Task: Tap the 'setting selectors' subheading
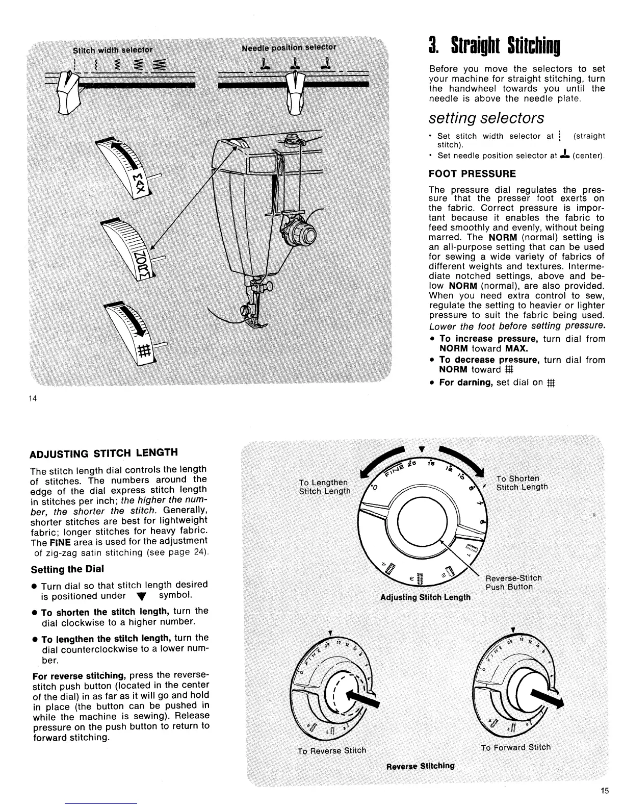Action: (x=486, y=118)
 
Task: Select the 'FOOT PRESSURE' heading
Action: (x=473, y=173)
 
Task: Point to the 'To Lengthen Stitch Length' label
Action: (x=324, y=487)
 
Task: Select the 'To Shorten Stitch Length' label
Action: (x=522, y=483)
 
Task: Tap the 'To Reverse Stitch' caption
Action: (x=332, y=750)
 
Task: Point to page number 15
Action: (x=604, y=791)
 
